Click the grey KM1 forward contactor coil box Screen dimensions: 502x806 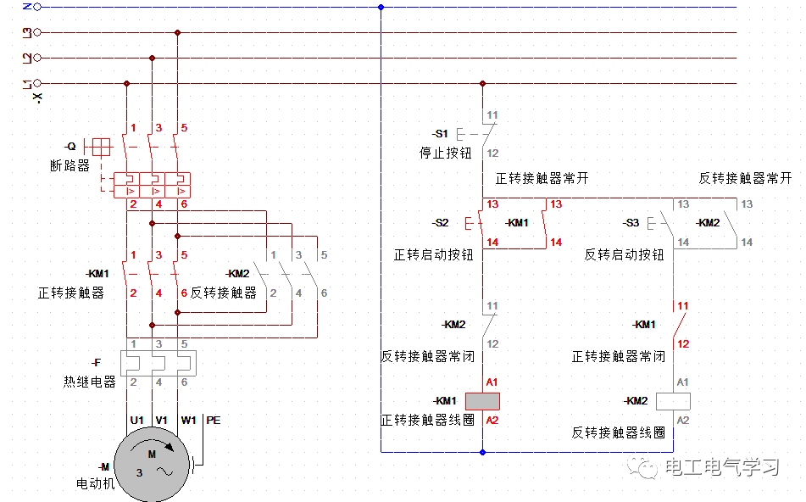483,401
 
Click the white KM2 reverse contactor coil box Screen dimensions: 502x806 674,401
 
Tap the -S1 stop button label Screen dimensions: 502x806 439,134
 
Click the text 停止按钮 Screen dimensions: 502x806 445,153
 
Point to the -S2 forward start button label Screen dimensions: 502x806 439,223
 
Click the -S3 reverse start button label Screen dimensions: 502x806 630,223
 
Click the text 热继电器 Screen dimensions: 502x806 89,382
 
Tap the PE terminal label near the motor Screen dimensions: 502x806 214,420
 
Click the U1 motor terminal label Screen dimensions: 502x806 136,420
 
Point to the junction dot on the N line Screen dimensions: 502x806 381,7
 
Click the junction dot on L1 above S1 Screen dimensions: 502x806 482,83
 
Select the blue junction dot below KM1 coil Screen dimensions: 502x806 482,452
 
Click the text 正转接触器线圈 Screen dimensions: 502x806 427,420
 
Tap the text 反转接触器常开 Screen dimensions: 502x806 745,179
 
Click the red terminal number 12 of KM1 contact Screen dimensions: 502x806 682,344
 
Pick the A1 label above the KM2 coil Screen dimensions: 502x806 682,383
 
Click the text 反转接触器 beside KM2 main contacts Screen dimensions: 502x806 223,293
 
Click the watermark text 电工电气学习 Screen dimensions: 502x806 721,467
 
